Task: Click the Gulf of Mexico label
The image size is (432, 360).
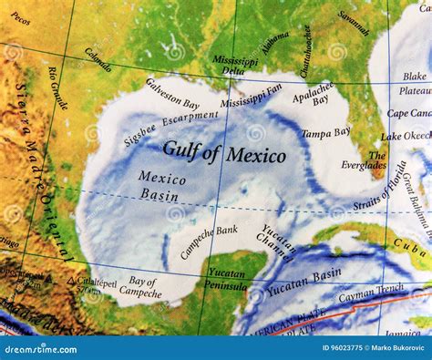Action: point(223,152)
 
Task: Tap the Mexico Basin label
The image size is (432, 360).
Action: point(160,185)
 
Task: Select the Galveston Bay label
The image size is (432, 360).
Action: point(171,94)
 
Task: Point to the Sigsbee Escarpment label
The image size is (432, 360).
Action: point(170,128)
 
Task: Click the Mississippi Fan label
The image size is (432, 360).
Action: point(252,96)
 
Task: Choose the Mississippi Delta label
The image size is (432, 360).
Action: point(235,65)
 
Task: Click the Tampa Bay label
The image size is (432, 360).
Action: point(326,133)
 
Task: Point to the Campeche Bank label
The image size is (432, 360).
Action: point(210,240)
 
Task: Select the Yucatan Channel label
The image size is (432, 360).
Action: point(277,241)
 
